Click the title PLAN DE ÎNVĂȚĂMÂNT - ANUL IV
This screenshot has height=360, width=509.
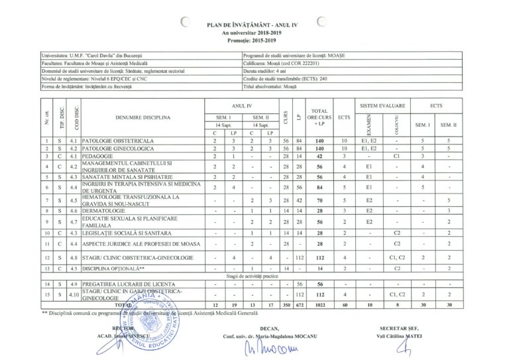[x=254, y=23]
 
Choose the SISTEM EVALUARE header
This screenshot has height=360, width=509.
[x=383, y=105]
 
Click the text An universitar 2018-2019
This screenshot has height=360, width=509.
[x=254, y=30]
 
